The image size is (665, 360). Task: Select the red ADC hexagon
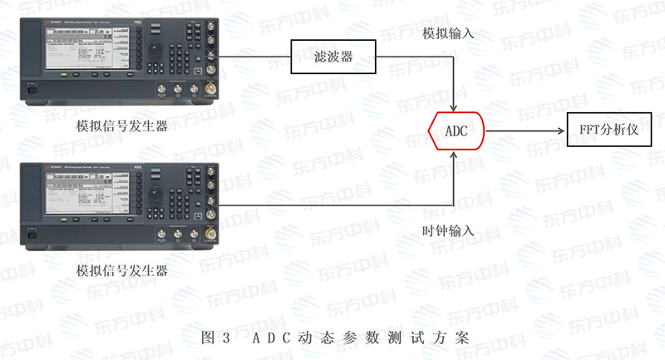[x=456, y=131]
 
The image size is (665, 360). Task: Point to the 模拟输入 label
[x=448, y=34]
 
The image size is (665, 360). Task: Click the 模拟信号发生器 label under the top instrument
[x=121, y=126]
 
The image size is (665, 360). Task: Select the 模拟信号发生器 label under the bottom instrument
[x=121, y=271]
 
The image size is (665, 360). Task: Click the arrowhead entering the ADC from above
[x=453, y=108]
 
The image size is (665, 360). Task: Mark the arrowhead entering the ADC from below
[x=453, y=154]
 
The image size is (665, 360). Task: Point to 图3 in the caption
[x=216, y=338]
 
